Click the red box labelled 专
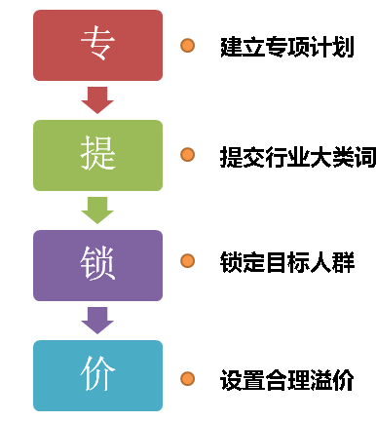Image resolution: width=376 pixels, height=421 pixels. pos(97,45)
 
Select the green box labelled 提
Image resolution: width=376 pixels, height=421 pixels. pos(97,155)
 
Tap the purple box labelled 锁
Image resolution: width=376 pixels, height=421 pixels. pos(97,264)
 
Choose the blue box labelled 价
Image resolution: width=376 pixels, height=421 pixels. pos(97,374)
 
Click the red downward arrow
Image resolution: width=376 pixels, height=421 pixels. pos(97,98)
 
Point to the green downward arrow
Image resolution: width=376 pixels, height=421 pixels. pos(97,209)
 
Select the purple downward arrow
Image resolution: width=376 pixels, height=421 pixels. pos(97,319)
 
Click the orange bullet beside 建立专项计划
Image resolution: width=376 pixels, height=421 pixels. pos(188,45)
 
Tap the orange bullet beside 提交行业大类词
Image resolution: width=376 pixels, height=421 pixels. pos(188,155)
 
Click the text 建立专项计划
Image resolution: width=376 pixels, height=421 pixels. pos(284,46)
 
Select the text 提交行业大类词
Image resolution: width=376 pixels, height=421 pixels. pos(292,156)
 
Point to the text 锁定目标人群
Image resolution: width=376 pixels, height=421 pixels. pos(284,262)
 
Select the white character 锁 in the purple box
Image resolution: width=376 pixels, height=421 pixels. pos(97,263)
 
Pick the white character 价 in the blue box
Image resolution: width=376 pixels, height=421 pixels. pos(97,374)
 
